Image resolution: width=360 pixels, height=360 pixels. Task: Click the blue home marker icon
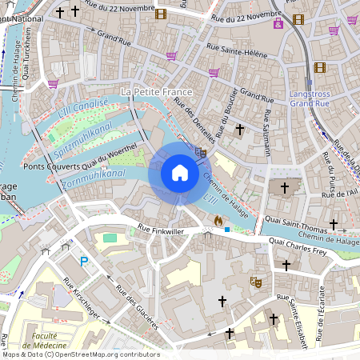coord(179,173)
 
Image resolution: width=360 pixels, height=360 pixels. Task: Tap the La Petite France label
coord(156,92)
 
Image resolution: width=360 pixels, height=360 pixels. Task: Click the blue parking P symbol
coord(84,261)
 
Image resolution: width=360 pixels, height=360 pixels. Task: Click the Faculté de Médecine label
coord(45,339)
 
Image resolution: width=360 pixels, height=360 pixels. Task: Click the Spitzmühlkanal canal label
coord(85,141)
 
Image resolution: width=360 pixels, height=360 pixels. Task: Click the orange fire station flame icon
coord(217,220)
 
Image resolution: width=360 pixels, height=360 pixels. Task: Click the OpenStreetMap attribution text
coord(80,354)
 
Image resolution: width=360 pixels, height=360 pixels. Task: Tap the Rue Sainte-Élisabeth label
coord(297,320)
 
